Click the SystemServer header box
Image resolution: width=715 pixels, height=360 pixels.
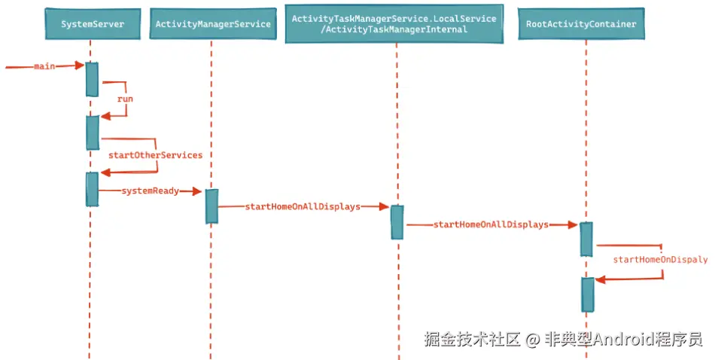tap(93, 24)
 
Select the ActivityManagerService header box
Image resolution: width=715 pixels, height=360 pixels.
tap(213, 24)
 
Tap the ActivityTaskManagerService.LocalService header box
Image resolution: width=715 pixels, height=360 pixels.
tap(394, 24)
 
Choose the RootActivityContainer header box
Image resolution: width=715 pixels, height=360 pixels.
tap(581, 24)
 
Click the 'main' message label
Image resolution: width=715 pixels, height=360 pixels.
tap(44, 66)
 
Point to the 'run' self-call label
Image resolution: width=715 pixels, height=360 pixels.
tap(126, 99)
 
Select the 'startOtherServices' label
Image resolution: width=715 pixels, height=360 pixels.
tap(156, 155)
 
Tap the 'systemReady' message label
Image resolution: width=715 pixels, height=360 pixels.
tap(151, 191)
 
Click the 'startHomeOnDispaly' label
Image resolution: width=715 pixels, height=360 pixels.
tap(660, 260)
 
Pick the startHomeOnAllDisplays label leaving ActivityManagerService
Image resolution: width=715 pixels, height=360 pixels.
tap(303, 206)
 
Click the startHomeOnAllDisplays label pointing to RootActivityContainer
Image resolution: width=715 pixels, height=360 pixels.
tap(491, 224)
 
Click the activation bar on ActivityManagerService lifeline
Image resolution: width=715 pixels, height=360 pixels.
tap(211, 206)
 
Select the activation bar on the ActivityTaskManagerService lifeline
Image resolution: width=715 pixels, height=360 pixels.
tap(397, 222)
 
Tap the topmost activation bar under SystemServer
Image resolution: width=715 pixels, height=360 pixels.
tap(92, 79)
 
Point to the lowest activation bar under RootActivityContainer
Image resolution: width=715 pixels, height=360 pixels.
tap(588, 294)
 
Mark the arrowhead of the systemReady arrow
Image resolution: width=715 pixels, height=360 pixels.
tap(197, 191)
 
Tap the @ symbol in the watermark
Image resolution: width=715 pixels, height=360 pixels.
tap(533, 340)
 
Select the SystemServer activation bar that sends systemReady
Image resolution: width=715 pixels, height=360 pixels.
tap(92, 189)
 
